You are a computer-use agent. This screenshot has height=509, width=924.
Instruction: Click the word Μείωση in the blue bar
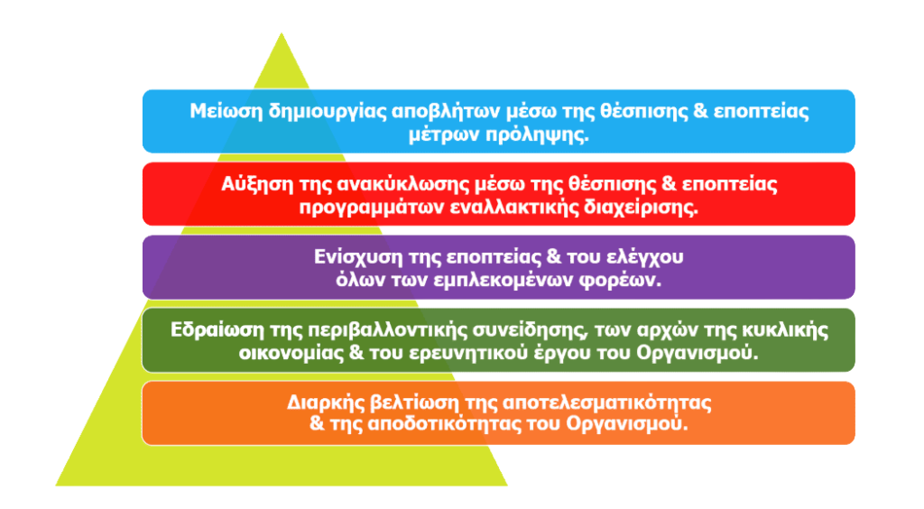(x=226, y=111)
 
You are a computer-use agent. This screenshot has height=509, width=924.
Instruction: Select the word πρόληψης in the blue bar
(x=537, y=134)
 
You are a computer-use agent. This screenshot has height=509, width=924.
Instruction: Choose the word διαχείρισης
(x=641, y=208)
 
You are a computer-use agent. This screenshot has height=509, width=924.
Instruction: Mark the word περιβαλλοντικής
(x=374, y=330)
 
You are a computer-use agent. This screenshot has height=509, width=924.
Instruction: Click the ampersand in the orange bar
(x=317, y=423)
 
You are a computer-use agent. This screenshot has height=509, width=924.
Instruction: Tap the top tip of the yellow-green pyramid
(x=282, y=33)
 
